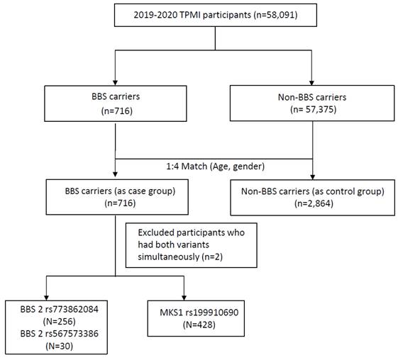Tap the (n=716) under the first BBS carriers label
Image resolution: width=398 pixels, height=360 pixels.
(117, 111)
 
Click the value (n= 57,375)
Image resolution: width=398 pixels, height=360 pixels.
(314, 109)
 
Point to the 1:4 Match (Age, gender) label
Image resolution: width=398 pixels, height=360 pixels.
(215, 167)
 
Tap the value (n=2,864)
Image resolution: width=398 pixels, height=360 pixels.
(314, 203)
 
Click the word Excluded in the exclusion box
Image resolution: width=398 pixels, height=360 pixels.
(156, 232)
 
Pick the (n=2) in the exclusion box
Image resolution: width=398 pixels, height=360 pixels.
(212, 257)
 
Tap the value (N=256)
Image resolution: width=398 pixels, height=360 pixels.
(60, 322)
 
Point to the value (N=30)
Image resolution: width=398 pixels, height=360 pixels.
(60, 346)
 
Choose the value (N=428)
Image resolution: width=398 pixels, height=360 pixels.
(199, 325)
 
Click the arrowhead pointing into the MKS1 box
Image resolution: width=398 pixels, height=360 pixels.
(184, 298)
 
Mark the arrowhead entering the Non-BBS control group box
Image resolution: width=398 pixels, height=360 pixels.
(312, 177)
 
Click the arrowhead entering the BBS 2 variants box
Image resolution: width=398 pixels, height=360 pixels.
(46, 298)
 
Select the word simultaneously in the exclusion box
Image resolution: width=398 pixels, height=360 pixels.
(169, 257)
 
